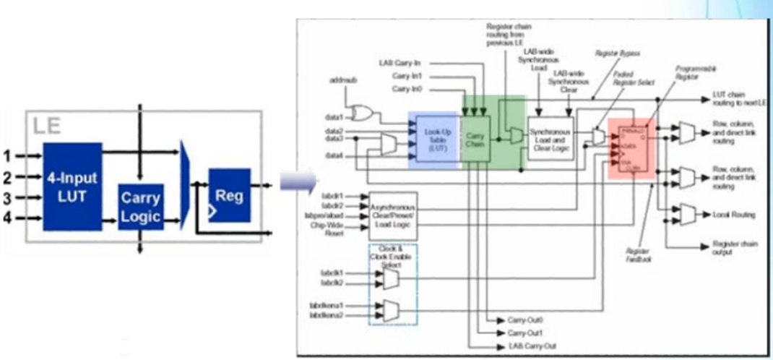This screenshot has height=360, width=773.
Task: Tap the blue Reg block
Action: [x=229, y=193]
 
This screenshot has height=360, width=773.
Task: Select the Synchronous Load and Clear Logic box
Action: [x=550, y=137]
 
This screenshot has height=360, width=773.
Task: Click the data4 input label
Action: [x=332, y=155]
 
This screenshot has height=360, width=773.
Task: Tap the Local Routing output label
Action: [x=733, y=215]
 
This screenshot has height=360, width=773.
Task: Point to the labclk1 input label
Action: [x=331, y=273]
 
